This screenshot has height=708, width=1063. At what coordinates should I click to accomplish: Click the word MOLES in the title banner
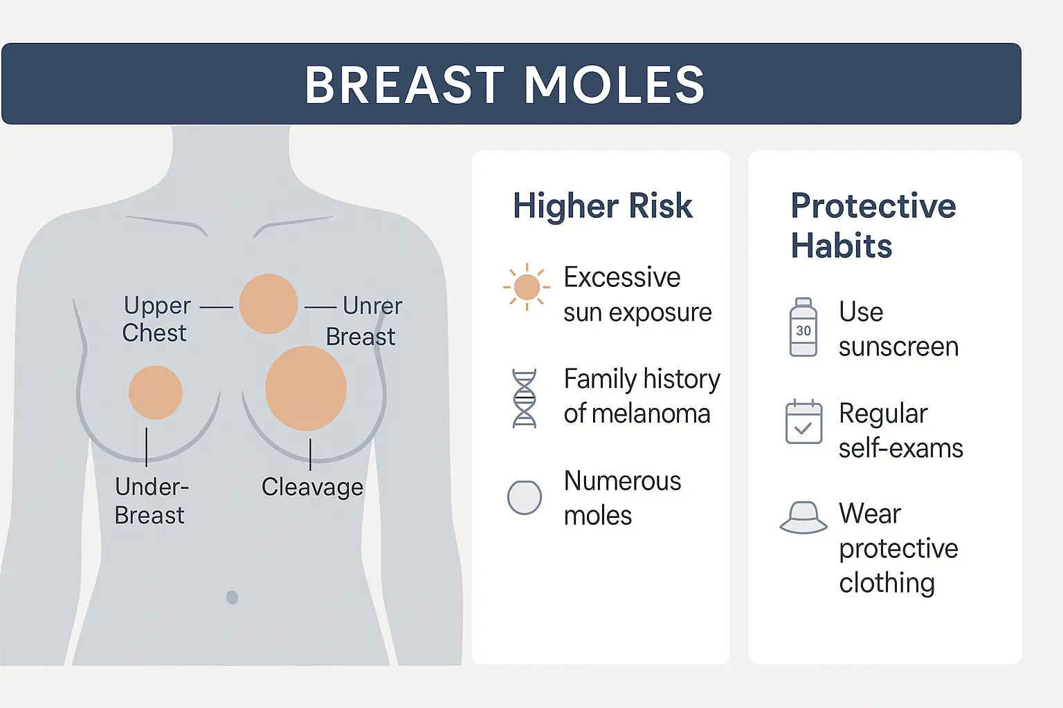[614, 85]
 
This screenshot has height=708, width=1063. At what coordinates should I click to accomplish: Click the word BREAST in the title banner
[404, 85]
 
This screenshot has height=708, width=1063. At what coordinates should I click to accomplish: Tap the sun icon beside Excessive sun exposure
[527, 287]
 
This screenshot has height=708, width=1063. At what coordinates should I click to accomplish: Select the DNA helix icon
[525, 398]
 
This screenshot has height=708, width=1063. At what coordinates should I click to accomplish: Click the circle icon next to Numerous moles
[525, 497]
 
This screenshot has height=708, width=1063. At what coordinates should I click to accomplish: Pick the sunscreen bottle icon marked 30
[803, 327]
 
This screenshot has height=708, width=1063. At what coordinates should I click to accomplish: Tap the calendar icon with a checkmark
[803, 422]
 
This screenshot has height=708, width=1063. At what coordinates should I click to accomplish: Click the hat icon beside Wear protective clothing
[803, 518]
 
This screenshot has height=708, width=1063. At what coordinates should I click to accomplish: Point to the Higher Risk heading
[603, 206]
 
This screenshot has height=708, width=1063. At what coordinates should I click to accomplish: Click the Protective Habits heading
[873, 225]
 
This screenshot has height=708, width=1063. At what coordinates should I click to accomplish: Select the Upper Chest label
[156, 319]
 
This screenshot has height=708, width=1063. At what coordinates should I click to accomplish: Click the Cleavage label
[312, 487]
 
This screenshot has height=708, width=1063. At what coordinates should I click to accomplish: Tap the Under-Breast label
[152, 501]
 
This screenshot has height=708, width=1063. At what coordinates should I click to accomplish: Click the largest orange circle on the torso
[306, 389]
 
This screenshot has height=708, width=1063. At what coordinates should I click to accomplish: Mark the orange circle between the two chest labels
[269, 304]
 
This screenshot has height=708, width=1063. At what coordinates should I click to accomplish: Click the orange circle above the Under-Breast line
[156, 393]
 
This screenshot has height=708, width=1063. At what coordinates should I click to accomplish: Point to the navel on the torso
[232, 597]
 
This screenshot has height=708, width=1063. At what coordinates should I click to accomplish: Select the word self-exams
[900, 448]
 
